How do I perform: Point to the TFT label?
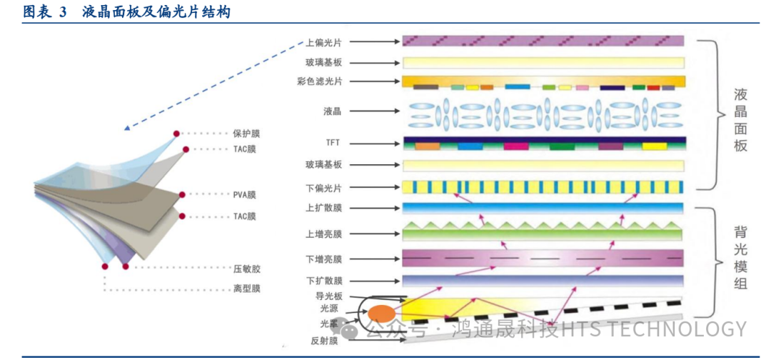333,143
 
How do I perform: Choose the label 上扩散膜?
323,209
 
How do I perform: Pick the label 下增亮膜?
323,259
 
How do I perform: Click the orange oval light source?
381,313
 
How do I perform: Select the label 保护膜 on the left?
246,134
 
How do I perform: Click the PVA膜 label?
244,194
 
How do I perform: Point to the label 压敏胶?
246,269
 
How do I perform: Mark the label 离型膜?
246,289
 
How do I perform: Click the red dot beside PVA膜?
183,194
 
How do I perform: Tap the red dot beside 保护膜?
176,134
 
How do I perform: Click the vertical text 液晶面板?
740,120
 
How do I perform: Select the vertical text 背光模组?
740,259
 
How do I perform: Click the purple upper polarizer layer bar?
543,41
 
